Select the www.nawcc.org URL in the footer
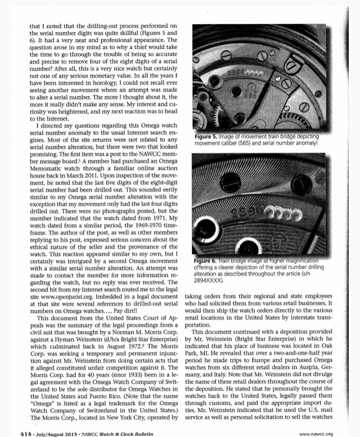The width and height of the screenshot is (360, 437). [x=326, y=418]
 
